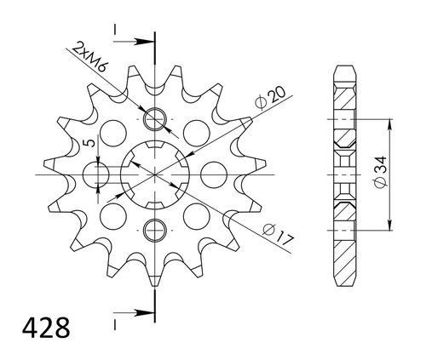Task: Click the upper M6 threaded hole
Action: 155,117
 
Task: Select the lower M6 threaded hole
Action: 155,228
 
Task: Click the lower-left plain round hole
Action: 112,214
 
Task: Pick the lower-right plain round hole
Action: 199,214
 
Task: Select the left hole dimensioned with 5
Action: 99,174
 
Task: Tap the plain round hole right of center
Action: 211,174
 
